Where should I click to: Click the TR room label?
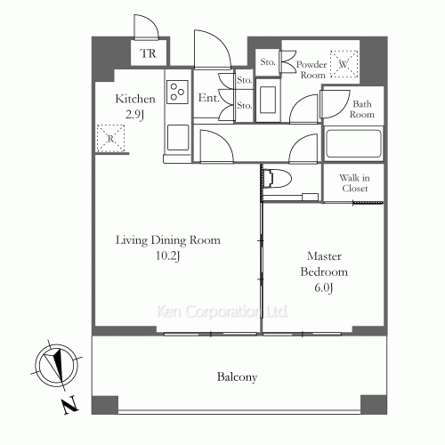148,53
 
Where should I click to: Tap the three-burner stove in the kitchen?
177,92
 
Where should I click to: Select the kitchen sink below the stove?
178,138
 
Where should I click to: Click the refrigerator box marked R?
110,139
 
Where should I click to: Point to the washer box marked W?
344,64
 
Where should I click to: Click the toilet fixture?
278,179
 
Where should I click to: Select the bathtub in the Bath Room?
353,144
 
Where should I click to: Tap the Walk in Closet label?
355,183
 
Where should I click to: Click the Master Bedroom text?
324,264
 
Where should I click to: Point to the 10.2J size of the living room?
168,255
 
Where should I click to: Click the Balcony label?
237,377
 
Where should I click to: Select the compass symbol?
57,365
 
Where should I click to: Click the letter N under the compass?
70,405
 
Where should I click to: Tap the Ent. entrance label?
209,98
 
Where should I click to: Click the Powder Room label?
311,69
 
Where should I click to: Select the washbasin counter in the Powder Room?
268,100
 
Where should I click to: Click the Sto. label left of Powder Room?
268,62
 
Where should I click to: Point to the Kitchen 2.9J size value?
134,115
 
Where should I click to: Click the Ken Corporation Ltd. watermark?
222,311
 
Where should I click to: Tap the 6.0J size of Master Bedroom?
324,287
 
